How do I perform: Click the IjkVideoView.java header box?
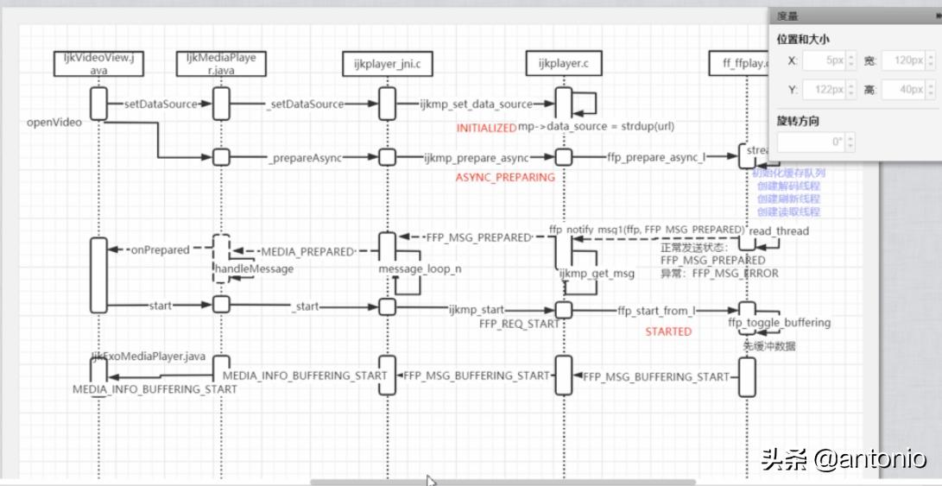(98, 64)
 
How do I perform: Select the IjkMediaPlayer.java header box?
(221, 64)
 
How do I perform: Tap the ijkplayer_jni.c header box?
(386, 64)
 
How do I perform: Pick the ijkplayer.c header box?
(563, 64)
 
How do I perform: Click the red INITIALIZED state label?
(486, 128)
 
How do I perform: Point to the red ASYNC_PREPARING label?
(505, 178)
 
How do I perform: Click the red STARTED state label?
(668, 331)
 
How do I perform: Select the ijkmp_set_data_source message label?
(476, 104)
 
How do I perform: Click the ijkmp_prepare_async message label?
(476, 158)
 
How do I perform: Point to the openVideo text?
(54, 123)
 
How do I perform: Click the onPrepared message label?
(160, 250)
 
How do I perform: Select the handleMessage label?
(254, 269)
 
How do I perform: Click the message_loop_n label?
(420, 269)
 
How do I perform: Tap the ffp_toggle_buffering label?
(780, 323)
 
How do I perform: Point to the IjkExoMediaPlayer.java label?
(149, 356)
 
